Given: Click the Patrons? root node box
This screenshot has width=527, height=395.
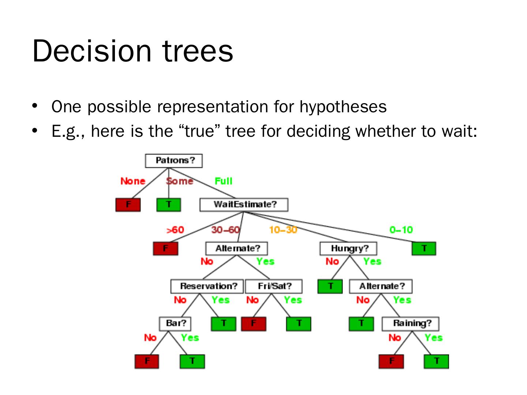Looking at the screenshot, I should coord(174,161).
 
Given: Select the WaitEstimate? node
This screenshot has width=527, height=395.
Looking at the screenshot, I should coord(244,204).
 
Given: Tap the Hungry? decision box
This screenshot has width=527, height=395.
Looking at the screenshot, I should coord(348,249).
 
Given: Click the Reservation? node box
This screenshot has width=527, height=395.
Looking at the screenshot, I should coord(207,286).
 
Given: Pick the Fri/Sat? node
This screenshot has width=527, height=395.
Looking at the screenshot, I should coord(274,286).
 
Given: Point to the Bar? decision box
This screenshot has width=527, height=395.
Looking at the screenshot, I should coord(176,323).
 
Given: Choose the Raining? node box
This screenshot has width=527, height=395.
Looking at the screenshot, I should coord(410,324).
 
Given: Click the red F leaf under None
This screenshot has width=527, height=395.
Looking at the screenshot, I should coord(128,204).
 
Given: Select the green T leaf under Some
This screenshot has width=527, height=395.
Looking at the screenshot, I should coord(169,204).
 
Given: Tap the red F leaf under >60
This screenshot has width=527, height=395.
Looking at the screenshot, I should coord(165,249).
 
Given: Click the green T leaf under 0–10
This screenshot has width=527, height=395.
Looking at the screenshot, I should coord(424,249).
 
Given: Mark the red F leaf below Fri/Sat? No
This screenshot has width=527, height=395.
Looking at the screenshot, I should coord(254,324).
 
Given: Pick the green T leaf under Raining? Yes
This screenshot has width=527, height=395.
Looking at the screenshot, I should coord(436,361).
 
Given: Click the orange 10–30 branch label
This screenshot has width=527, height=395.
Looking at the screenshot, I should coord(283,230).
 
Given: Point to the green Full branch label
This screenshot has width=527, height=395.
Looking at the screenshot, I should coord(223,181).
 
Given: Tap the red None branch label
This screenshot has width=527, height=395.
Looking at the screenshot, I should coord(133,181).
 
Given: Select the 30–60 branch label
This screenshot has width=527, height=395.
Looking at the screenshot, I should coord(225,230).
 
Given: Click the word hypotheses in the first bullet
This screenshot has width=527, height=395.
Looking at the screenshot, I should coord(343,107).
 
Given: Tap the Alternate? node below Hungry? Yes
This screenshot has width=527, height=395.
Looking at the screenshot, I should coord(381,286).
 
